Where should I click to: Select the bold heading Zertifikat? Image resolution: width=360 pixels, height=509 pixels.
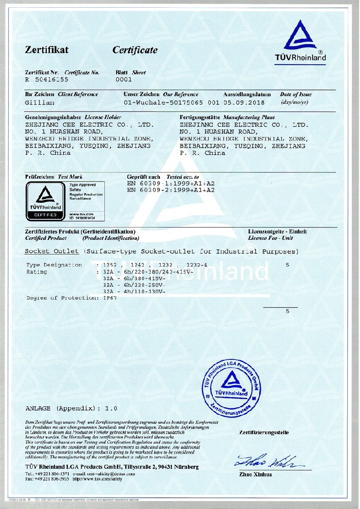pyautogui.click(x=47, y=50)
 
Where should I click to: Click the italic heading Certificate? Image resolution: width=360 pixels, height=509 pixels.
pyautogui.click(x=135, y=50)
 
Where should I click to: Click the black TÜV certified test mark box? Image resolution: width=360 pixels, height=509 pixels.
pyautogui.click(x=45, y=201)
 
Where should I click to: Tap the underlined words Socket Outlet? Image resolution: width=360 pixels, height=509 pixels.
pyautogui.click(x=51, y=251)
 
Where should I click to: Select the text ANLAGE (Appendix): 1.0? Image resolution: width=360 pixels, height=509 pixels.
pyautogui.click(x=71, y=408)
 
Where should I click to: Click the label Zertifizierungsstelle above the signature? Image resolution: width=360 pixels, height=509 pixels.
pyautogui.click(x=264, y=433)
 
